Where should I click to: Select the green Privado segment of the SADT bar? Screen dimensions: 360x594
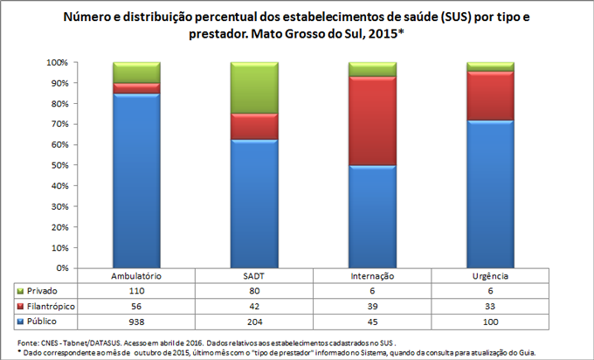(x=254, y=87)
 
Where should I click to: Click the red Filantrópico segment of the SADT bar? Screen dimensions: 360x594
(x=254, y=127)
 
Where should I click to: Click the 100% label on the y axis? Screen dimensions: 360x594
(x=57, y=63)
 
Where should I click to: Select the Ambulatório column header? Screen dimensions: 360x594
(x=136, y=275)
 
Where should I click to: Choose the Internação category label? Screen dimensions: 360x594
(x=372, y=275)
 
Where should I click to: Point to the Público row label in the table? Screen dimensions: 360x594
(x=46, y=322)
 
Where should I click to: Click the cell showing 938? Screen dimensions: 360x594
(x=136, y=322)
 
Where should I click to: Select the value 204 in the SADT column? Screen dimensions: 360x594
(x=254, y=322)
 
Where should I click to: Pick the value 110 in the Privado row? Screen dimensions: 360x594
(x=136, y=290)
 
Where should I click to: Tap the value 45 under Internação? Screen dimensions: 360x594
(x=372, y=322)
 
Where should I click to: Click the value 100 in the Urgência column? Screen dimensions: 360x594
(x=489, y=322)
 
